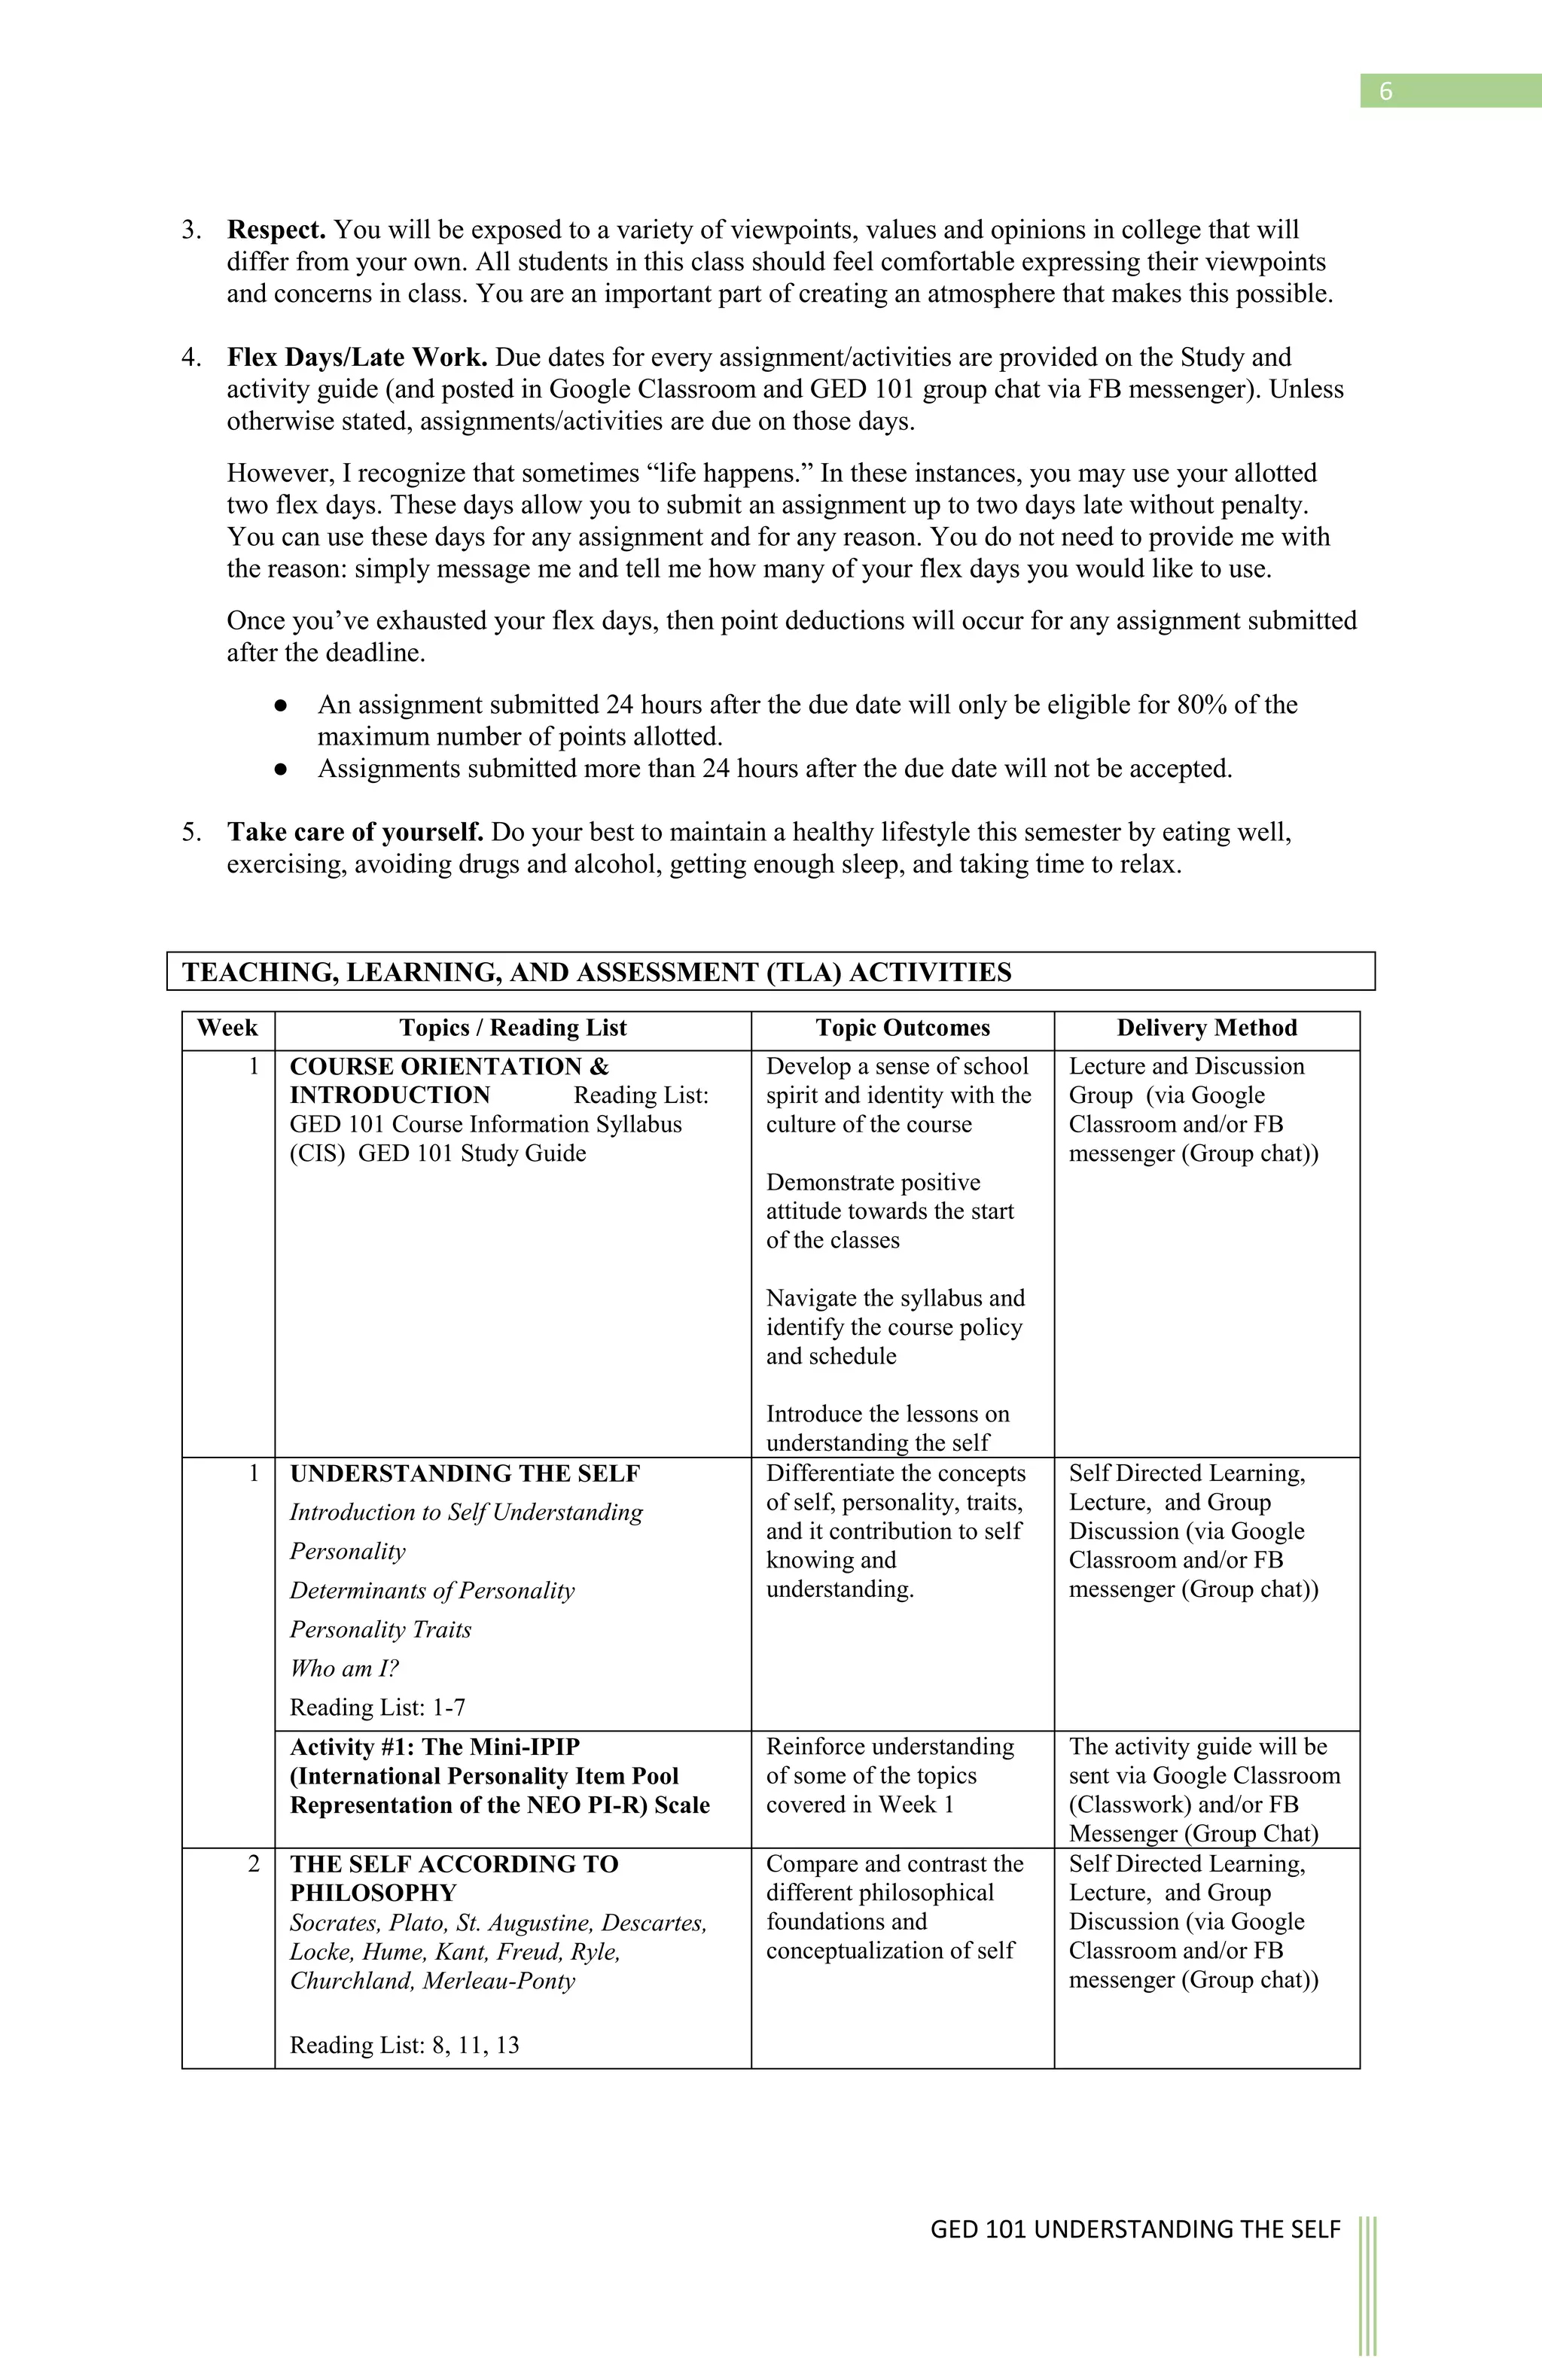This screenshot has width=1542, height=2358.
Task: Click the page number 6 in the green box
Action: point(1385,91)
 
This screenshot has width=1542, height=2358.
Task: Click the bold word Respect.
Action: point(276,230)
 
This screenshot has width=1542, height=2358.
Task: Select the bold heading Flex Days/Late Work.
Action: point(357,358)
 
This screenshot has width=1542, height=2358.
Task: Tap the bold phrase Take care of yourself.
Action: point(355,832)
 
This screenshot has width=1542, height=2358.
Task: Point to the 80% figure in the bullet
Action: point(1201,705)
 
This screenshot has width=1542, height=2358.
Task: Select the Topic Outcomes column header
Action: point(902,1028)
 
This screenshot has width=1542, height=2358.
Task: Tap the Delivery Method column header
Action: point(1206,1028)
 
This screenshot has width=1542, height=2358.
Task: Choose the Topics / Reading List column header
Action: point(512,1028)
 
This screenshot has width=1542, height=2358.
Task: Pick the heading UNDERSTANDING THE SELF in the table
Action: point(465,1474)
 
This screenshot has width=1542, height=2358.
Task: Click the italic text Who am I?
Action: point(344,1669)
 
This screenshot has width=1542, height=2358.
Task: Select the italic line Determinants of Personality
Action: point(432,1591)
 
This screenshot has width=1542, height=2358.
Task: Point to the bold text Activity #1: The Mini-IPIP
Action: point(435,1747)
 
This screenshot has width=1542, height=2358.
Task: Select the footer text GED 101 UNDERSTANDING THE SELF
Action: point(1135,2229)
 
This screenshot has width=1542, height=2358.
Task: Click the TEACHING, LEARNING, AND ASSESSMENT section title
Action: point(596,973)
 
